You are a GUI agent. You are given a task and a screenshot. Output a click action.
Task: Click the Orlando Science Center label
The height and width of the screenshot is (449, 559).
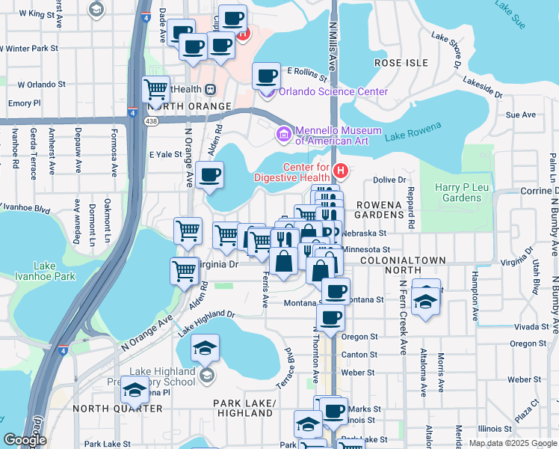(333, 91)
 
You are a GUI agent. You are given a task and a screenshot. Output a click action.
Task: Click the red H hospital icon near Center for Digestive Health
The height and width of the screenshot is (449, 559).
(341, 171)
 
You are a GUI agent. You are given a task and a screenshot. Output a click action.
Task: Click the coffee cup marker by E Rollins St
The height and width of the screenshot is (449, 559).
(266, 76)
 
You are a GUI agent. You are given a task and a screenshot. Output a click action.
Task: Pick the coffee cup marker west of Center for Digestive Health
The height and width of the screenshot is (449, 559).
(210, 176)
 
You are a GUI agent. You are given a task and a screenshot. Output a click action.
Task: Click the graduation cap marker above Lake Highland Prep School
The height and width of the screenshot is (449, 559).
(205, 347)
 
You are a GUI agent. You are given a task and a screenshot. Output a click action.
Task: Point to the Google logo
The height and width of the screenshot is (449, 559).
(24, 440)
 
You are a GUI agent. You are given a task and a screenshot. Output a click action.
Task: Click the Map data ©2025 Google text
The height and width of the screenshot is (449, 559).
(512, 443)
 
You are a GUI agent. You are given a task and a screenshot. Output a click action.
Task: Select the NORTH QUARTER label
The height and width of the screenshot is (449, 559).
(117, 409)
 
